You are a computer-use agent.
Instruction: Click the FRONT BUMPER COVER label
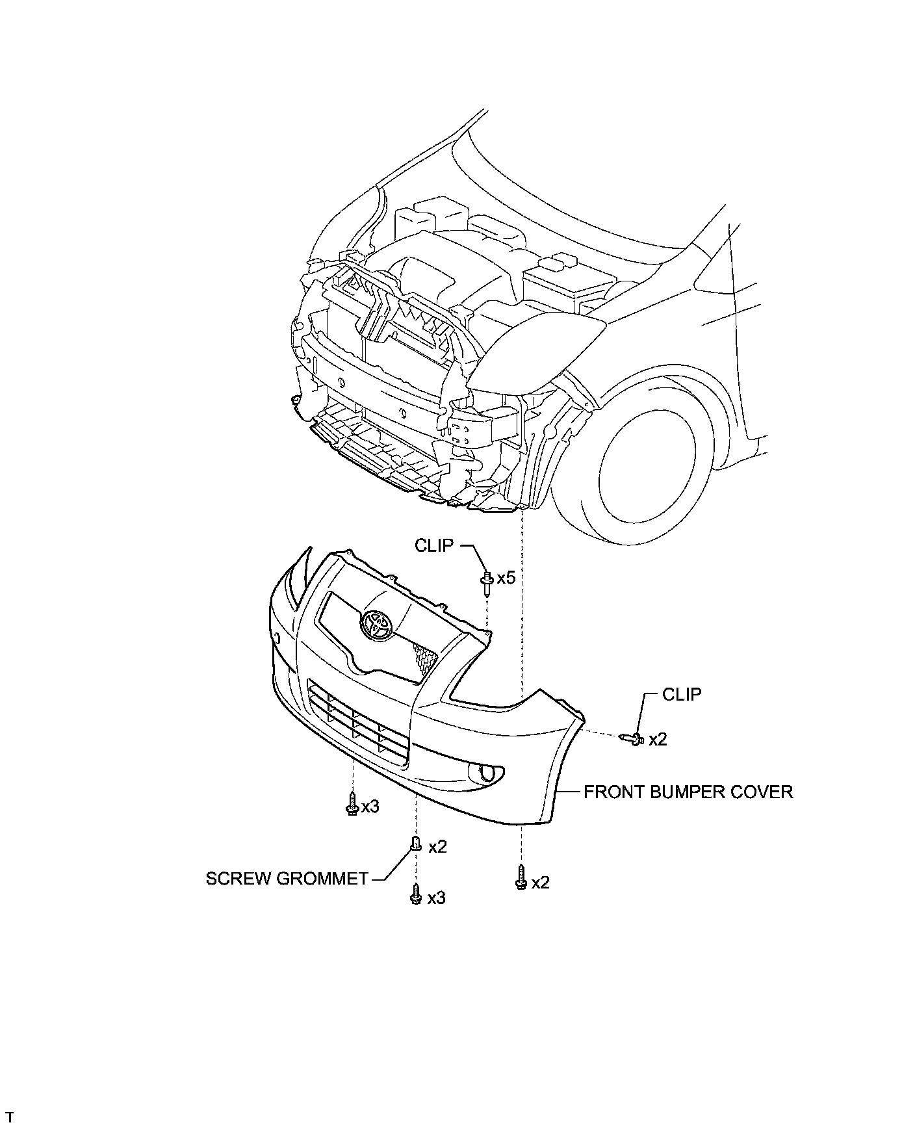click(x=688, y=792)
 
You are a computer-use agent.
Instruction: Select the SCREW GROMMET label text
click(x=287, y=879)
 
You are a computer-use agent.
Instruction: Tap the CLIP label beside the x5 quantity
click(x=434, y=545)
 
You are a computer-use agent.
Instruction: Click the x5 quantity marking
click(x=506, y=577)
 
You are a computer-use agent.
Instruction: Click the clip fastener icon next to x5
click(x=486, y=581)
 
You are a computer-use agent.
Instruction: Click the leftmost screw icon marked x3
click(x=352, y=805)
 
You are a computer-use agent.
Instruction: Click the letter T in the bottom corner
click(x=9, y=1117)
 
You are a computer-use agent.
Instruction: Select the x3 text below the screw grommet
click(x=436, y=898)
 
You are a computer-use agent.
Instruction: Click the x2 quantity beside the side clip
click(x=658, y=739)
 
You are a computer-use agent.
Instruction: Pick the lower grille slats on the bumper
click(x=357, y=721)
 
